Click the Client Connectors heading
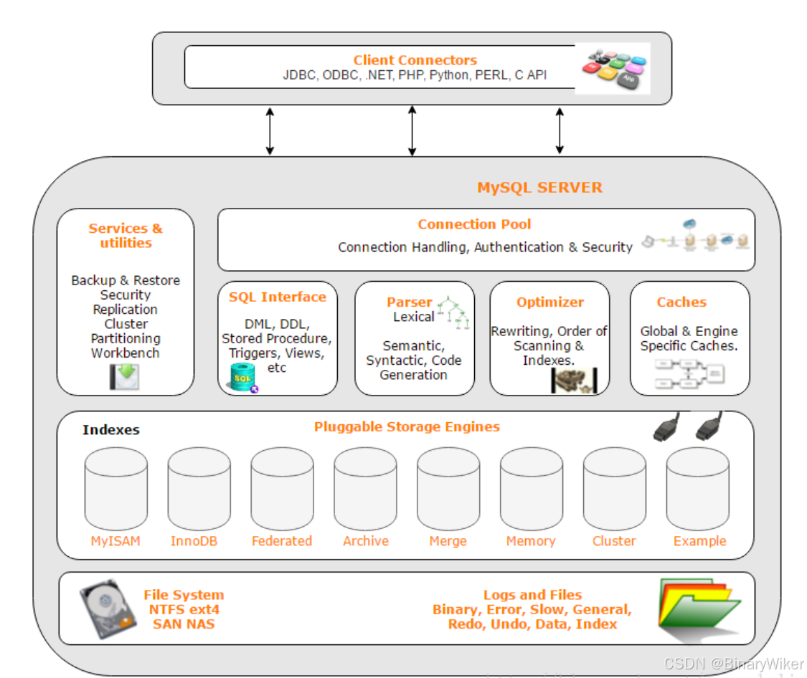point(415,60)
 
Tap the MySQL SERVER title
point(539,188)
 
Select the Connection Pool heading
point(474,224)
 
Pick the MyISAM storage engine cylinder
point(115,490)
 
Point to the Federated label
point(282,541)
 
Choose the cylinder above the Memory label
point(531,490)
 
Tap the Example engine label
point(699,541)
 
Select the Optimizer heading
point(550,302)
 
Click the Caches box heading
point(681,302)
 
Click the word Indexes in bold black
point(110,430)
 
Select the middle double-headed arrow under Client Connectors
point(412,130)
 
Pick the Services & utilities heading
point(126,236)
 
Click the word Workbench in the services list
point(126,353)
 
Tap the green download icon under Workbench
point(125,376)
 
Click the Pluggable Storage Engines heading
point(407,426)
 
